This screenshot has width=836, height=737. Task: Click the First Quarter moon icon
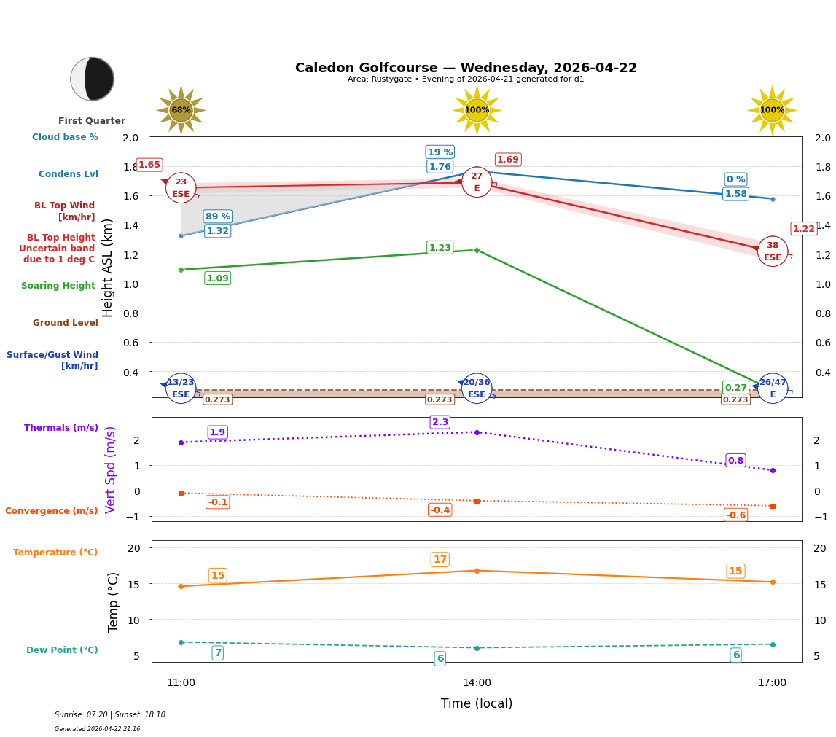[x=93, y=79]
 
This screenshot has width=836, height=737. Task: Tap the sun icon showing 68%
[x=181, y=110]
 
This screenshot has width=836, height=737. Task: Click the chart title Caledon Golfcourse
[x=466, y=68]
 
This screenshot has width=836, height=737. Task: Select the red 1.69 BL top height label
[x=508, y=160]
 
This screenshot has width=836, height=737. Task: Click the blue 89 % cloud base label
[x=217, y=217]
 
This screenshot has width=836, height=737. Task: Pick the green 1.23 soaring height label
[x=440, y=248]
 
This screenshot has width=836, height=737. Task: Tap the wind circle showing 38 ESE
[x=772, y=251]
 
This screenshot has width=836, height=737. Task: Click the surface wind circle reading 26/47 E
[x=772, y=388]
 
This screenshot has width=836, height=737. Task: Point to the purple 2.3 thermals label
[x=440, y=422]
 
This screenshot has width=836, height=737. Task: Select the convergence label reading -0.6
[x=735, y=515]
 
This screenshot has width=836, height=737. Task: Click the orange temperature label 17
[x=440, y=560]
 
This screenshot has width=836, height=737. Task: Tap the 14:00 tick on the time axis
[x=477, y=682]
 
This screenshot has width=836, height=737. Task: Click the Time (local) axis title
[x=477, y=703]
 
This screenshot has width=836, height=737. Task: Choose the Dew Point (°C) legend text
[x=62, y=650]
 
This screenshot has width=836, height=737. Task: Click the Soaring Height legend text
[x=58, y=286]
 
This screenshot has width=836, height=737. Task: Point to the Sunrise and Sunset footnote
[x=110, y=715]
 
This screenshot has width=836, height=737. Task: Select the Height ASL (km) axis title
[x=108, y=268]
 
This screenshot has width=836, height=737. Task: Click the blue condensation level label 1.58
[x=735, y=194]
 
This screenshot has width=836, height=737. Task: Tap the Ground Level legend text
[x=66, y=323]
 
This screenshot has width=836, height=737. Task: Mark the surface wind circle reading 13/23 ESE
[x=181, y=388]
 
